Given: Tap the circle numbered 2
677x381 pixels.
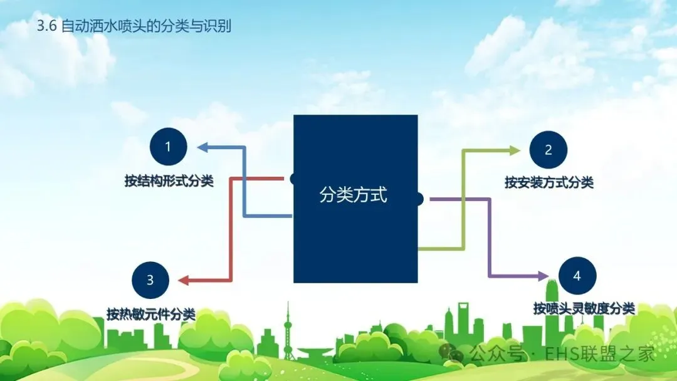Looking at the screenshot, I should click(x=548, y=150).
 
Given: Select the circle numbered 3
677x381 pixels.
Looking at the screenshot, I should click(x=150, y=279).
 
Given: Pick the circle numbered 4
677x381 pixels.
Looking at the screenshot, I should click(x=577, y=276).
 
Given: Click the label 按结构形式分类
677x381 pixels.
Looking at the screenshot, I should click(x=169, y=182).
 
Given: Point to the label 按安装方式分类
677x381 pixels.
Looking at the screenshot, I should click(x=548, y=183).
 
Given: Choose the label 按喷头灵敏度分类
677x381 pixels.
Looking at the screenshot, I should click(x=584, y=308).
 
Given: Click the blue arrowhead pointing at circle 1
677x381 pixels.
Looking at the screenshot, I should click(x=202, y=147).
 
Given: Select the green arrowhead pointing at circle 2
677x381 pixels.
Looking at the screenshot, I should click(x=515, y=150).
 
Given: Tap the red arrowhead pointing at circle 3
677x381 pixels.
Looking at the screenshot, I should click(x=183, y=280).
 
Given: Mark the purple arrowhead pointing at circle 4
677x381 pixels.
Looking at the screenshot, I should click(x=544, y=276).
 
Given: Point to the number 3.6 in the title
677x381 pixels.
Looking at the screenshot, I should click(x=47, y=28).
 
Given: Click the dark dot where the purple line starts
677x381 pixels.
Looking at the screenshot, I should click(x=419, y=199).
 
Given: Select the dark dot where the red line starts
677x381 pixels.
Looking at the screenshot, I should click(x=293, y=179).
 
